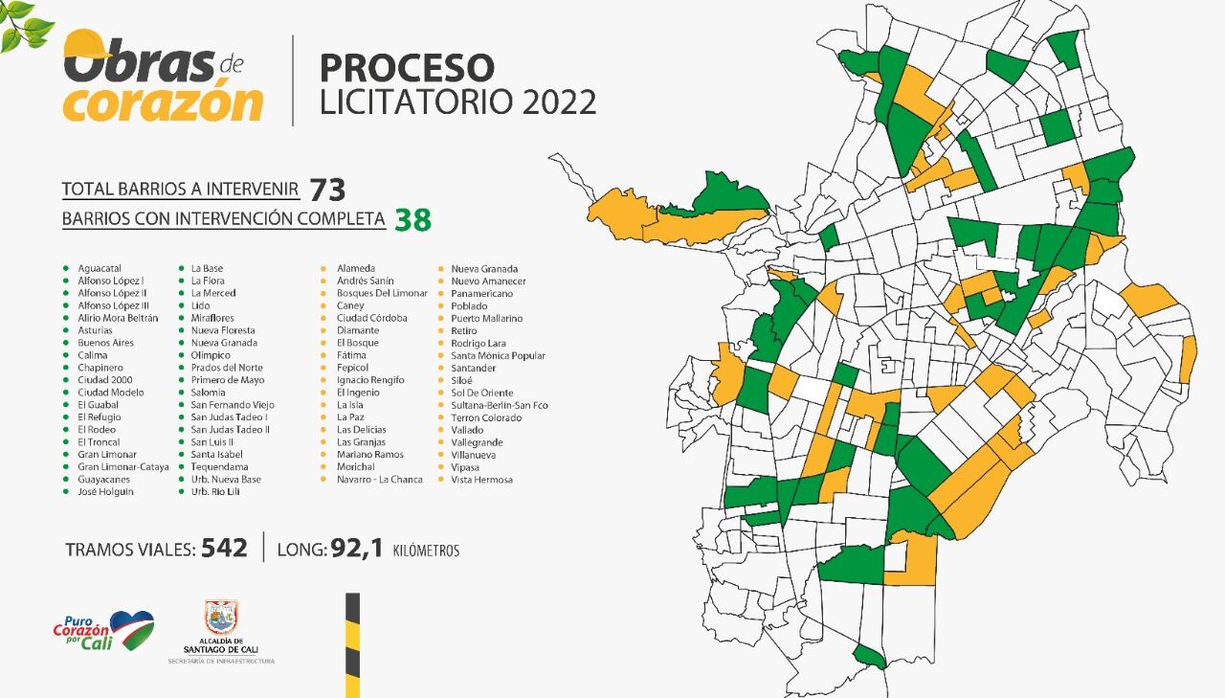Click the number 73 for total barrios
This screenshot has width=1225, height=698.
(x=327, y=189)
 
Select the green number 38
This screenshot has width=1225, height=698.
(x=413, y=220)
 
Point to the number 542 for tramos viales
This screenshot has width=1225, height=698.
(x=224, y=549)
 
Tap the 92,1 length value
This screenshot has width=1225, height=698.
(x=356, y=549)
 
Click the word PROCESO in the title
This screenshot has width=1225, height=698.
(x=407, y=68)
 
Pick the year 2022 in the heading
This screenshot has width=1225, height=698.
(x=559, y=101)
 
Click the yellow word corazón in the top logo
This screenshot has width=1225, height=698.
(x=163, y=103)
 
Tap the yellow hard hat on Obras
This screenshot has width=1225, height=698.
(x=86, y=44)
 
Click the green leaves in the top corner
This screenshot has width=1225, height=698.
(x=23, y=25)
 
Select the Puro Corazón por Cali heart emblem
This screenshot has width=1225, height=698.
(x=131, y=629)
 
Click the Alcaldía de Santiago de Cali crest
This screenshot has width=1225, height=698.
(x=221, y=618)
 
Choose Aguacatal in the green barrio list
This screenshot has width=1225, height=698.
(x=100, y=268)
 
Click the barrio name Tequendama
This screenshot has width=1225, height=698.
(x=218, y=466)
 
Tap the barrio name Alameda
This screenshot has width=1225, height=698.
(x=356, y=268)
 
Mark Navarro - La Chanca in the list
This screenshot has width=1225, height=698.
(x=379, y=479)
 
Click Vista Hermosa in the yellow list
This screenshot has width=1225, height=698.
(x=481, y=479)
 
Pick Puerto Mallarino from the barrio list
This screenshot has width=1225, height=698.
(x=486, y=318)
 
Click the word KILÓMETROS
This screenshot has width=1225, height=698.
(x=426, y=551)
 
